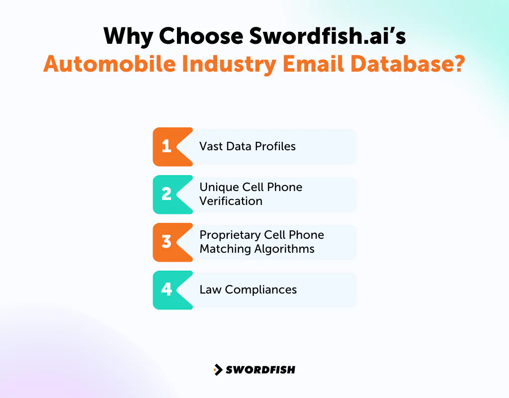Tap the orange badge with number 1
tap(167, 146)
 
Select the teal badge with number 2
tap(167, 194)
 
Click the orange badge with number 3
tap(167, 242)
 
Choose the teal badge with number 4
tap(167, 290)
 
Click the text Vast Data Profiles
tap(248, 146)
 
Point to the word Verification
tap(231, 201)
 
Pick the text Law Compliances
tap(248, 290)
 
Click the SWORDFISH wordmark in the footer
tap(260, 370)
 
